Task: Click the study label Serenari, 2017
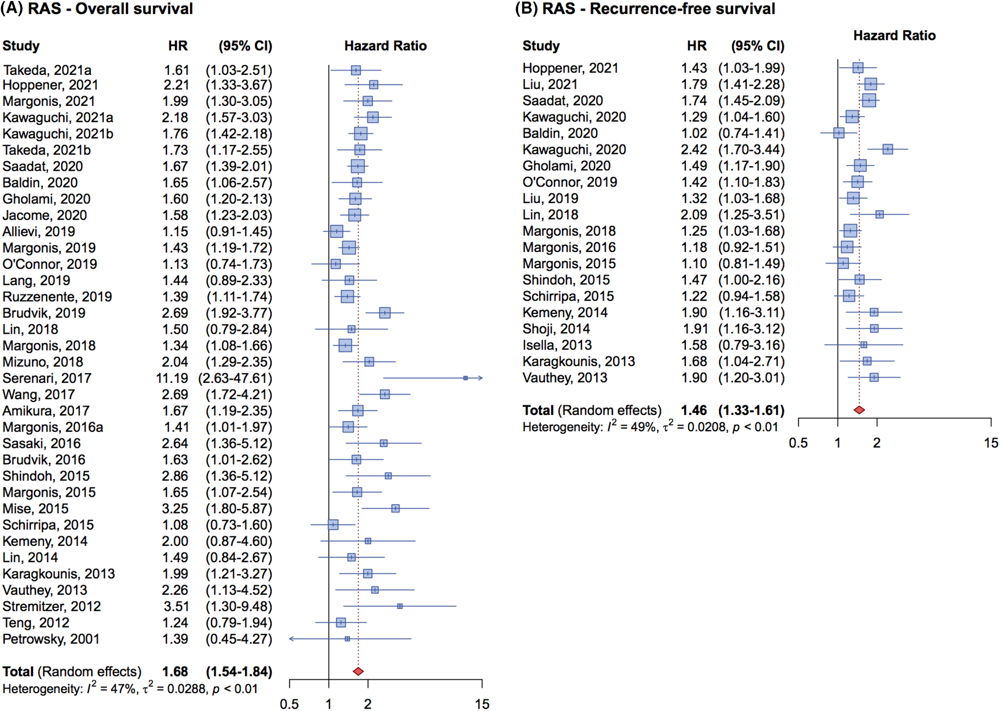point(47,378)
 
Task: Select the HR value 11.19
point(171,378)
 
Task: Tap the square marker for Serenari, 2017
point(465,378)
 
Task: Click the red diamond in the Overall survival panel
point(358,671)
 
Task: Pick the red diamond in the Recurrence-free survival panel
point(859,410)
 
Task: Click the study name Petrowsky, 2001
point(51,639)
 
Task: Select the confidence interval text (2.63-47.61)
point(235,378)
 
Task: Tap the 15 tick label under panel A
point(482,704)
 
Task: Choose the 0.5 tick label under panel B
point(798,443)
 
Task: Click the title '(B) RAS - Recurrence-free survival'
point(645,9)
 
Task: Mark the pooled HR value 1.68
point(175,672)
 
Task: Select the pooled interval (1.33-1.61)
point(751,410)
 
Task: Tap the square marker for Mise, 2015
point(395,508)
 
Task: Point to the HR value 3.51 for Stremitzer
point(175,606)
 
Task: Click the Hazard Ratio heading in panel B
point(894,36)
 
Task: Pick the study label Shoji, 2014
point(556,329)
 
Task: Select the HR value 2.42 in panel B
point(694,150)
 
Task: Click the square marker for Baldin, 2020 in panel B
point(838,133)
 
